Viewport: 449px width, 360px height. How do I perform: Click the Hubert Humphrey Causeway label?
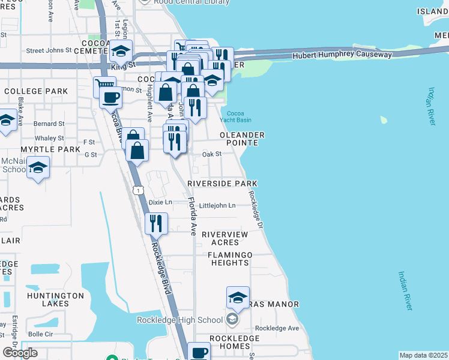[342, 55]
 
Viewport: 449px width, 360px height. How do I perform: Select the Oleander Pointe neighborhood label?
[242, 139]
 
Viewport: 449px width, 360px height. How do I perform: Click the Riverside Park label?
[222, 183]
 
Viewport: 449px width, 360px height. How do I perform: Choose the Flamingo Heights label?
[230, 259]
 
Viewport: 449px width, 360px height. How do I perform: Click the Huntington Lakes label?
[55, 300]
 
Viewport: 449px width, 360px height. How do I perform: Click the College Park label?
[35, 91]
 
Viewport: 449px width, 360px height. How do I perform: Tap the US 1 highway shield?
[139, 190]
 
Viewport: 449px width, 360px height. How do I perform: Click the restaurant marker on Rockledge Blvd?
[155, 223]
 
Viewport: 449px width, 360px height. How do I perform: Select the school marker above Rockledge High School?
[238, 297]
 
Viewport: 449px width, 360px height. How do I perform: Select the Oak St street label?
[212, 154]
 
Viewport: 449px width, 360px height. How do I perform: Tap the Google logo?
[20, 353]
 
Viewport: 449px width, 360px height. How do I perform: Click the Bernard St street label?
[49, 124]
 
